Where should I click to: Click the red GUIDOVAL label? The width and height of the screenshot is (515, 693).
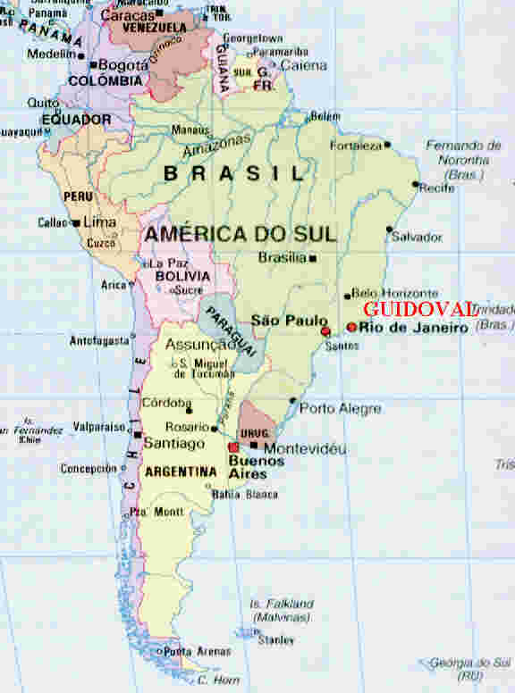[419, 309]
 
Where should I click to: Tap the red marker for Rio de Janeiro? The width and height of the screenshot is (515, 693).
[351, 328]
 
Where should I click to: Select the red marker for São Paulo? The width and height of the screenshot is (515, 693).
[325, 331]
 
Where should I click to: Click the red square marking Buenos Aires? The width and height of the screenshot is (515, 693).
[234, 447]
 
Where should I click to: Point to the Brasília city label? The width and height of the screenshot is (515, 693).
[283, 257]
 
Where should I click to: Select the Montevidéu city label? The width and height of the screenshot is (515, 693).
[305, 448]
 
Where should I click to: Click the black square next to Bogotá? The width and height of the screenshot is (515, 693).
[93, 65]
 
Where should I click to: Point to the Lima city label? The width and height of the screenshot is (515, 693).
[99, 221]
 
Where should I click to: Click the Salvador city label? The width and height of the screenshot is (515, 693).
[417, 237]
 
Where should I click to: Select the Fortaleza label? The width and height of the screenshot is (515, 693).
[355, 145]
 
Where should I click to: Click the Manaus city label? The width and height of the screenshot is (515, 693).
[190, 129]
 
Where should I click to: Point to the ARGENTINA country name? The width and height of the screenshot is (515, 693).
[181, 471]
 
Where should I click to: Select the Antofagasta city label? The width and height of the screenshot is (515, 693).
[99, 340]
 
